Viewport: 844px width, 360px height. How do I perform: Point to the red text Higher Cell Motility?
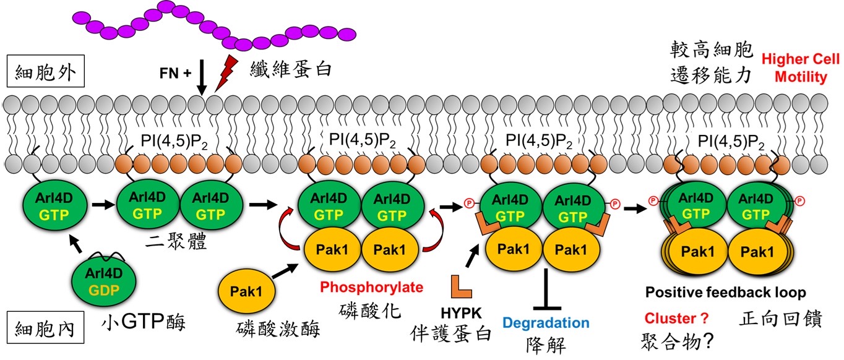[801, 68]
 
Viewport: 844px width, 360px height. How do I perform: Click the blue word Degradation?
[546, 322]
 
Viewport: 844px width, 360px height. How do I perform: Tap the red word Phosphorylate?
[372, 287]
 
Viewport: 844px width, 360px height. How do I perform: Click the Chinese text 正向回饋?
[780, 319]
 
